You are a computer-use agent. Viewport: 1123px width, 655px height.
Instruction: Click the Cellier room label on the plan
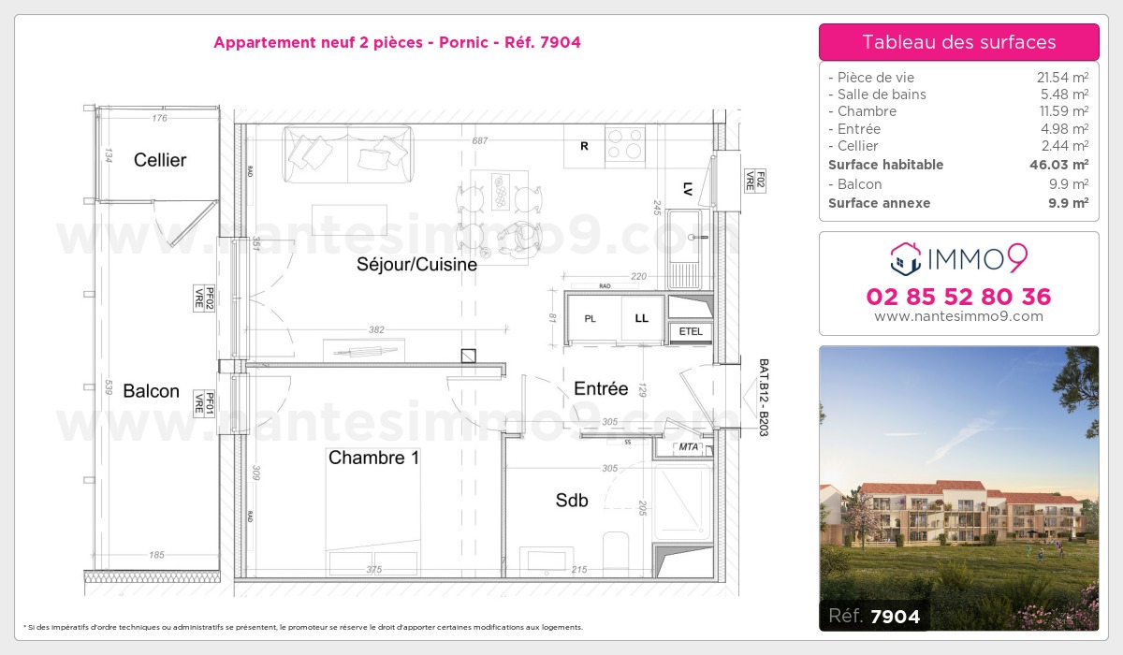tap(160, 160)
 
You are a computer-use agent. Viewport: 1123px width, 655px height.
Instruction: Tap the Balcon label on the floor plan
tap(151, 391)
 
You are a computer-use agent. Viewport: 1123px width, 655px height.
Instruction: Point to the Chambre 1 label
tap(373, 458)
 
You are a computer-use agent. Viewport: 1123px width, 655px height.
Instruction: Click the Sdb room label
tap(572, 501)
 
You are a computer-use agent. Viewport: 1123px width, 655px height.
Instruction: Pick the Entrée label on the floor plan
tap(601, 388)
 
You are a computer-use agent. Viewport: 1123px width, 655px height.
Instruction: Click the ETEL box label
tap(691, 331)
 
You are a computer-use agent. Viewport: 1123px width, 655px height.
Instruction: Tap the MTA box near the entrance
tap(690, 447)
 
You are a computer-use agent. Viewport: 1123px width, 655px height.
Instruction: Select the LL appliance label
tap(642, 319)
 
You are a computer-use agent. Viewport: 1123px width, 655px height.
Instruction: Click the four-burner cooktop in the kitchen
tap(624, 145)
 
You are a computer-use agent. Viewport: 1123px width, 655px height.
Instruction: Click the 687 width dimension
tap(480, 140)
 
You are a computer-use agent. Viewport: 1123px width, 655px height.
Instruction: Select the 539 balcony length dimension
tap(108, 386)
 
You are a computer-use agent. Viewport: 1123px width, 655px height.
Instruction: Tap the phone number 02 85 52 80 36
tap(959, 297)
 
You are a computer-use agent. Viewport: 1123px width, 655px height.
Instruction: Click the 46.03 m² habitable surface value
tap(1058, 165)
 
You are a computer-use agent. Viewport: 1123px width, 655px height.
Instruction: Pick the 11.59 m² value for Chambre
tap(1063, 111)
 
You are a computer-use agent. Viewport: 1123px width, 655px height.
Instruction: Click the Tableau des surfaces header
tap(959, 42)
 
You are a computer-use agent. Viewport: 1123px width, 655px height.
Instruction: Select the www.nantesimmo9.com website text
tap(959, 316)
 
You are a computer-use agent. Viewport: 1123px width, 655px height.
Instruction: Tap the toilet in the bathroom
tap(617, 552)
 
